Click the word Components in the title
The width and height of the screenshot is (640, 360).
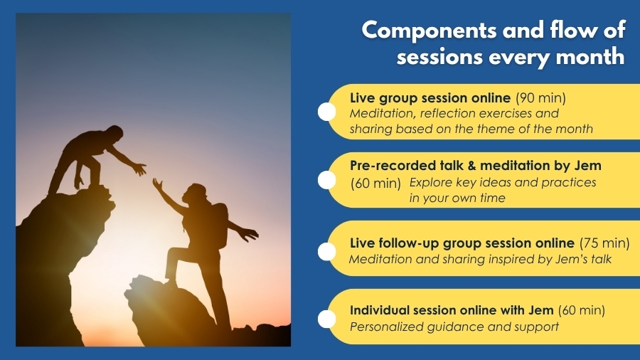pos(429,31)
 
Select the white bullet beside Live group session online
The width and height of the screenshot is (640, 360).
pos(326,112)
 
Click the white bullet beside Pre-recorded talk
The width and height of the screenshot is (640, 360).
pos(326,180)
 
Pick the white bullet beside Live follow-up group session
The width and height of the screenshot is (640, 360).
pos(326,251)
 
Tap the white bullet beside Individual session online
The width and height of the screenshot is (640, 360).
pos(326,319)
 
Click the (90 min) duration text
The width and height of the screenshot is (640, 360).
pos(541,98)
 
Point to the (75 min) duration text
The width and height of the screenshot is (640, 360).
pos(604,243)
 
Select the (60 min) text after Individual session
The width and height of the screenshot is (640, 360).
pos(581,311)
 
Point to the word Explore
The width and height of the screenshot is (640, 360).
pos(430,182)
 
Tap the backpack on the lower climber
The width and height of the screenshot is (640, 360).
pos(220,225)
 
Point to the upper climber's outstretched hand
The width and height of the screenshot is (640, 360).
pos(139,168)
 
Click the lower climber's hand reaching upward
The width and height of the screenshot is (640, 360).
pos(158,184)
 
